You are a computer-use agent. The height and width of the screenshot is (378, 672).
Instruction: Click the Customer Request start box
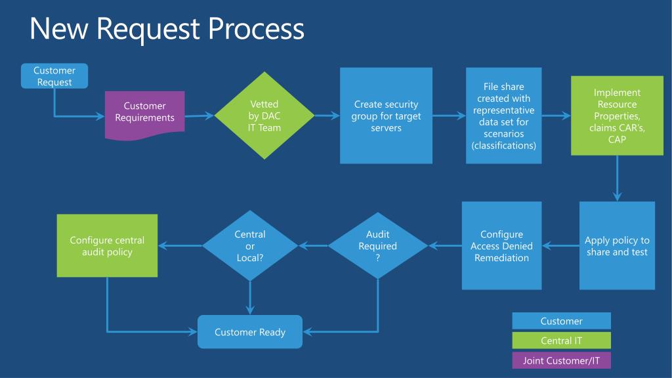tap(54, 76)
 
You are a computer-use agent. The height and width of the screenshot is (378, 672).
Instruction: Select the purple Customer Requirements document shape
tap(145, 114)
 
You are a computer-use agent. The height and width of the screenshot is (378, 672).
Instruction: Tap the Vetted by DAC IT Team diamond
tap(264, 115)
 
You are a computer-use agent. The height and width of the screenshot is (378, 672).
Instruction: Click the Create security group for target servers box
tap(386, 115)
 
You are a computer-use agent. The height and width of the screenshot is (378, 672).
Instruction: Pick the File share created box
tap(503, 115)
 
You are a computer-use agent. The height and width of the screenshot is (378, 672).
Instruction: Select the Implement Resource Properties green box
tap(617, 115)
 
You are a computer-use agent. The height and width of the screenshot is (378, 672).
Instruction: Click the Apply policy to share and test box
tap(617, 245)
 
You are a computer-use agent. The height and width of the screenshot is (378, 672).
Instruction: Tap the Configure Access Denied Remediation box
tap(501, 245)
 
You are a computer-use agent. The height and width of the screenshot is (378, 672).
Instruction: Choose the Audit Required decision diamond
tap(377, 245)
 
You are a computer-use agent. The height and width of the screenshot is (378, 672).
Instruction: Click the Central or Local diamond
tap(250, 245)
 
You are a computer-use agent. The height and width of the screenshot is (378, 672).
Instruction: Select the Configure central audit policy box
tap(107, 245)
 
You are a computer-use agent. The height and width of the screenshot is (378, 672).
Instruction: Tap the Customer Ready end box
tap(250, 331)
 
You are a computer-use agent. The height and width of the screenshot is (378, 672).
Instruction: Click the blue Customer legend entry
tap(562, 321)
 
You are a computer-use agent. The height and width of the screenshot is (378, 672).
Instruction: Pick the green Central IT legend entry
tap(562, 341)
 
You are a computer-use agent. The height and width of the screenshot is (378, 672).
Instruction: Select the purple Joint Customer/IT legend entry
tap(562, 360)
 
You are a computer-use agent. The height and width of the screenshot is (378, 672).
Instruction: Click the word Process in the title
tap(257, 29)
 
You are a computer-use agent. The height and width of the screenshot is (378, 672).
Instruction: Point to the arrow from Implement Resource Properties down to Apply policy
tap(617, 178)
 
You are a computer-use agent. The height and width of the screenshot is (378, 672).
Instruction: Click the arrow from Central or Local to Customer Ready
tap(250, 298)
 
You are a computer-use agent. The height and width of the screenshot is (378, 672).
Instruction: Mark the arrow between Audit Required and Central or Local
tap(313, 245)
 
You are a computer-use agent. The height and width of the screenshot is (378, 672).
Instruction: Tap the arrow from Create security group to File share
tap(449, 115)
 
